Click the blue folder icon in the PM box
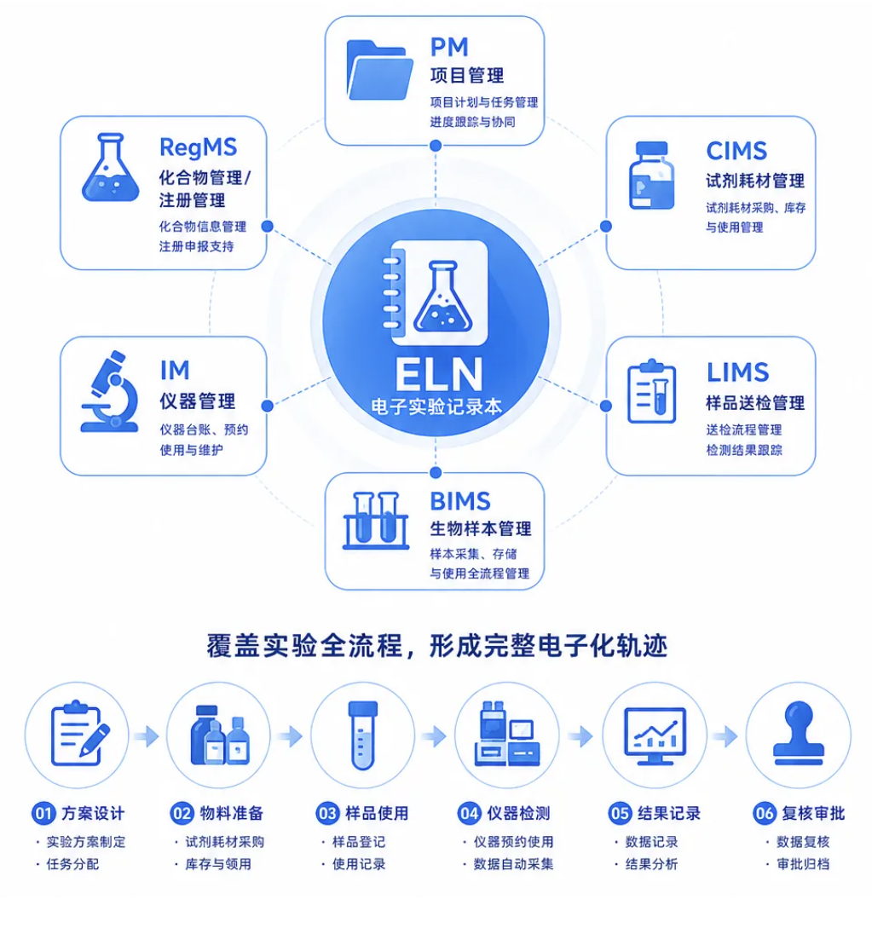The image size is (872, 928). click(379, 71)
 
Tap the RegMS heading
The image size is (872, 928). click(199, 147)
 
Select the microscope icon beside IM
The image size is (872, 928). click(110, 392)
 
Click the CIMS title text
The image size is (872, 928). click(736, 151)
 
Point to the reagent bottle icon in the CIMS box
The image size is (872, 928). click(651, 176)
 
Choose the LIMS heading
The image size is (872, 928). click(737, 373)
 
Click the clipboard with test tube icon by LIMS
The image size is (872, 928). click(652, 391)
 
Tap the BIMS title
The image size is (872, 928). click(460, 502)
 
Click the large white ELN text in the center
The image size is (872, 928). click(439, 374)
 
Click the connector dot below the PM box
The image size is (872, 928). click(436, 146)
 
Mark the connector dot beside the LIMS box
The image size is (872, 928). click(605, 406)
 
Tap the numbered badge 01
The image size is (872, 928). click(43, 813)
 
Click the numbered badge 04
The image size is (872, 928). click(469, 813)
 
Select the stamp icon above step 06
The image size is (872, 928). click(799, 734)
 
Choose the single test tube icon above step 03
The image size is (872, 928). click(363, 735)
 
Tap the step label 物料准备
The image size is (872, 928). click(232, 813)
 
